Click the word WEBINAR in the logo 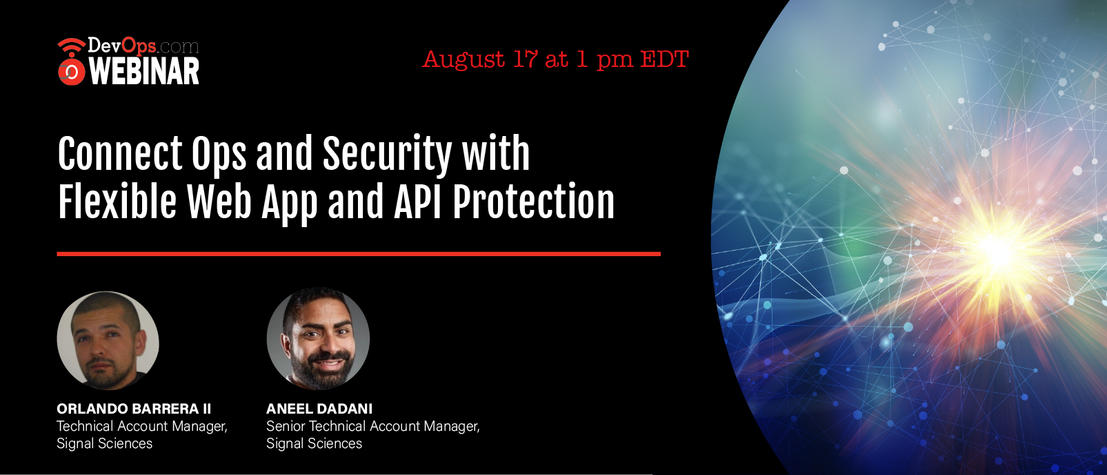pos(144,72)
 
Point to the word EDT pos(664,59)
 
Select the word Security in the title pos(387,154)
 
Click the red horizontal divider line pos(359,254)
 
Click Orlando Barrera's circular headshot pos(108,340)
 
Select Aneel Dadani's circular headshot pos(318,338)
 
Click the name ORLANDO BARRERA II pos(133,409)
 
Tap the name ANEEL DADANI pos(319,409)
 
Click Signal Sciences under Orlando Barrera pos(104,444)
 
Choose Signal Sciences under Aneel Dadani pos(314,444)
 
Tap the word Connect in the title pos(120,154)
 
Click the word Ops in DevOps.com pos(139,46)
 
